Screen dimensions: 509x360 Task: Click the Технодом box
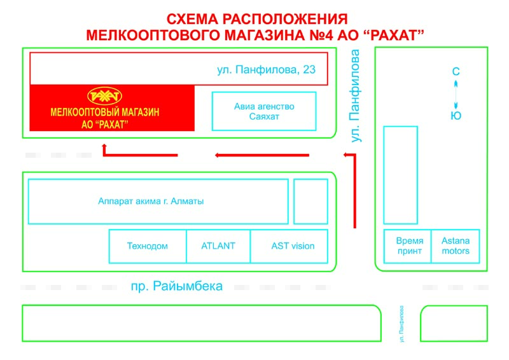pos(148,246)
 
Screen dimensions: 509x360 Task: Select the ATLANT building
pos(218,246)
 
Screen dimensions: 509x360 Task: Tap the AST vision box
pos(289,246)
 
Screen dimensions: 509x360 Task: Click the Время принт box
pos(407,246)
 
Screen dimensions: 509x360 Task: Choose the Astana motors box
pos(456,246)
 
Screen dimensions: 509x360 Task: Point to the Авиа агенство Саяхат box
pos(264,111)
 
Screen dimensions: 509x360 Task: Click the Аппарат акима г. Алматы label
pos(151,201)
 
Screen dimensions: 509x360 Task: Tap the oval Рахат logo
pos(104,96)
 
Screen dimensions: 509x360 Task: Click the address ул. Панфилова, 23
pos(266,70)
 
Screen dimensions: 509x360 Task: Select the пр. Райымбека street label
pos(177,286)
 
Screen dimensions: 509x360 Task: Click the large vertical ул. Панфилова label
pos(356,96)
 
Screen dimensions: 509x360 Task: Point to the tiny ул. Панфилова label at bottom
pos(402,324)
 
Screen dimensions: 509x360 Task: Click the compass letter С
pos(456,71)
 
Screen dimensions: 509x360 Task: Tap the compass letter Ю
pos(456,116)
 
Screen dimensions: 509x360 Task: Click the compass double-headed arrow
pos(456,95)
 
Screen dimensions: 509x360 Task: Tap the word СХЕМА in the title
pos(192,19)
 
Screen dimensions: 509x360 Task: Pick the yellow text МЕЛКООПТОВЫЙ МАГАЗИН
pos(105,113)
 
